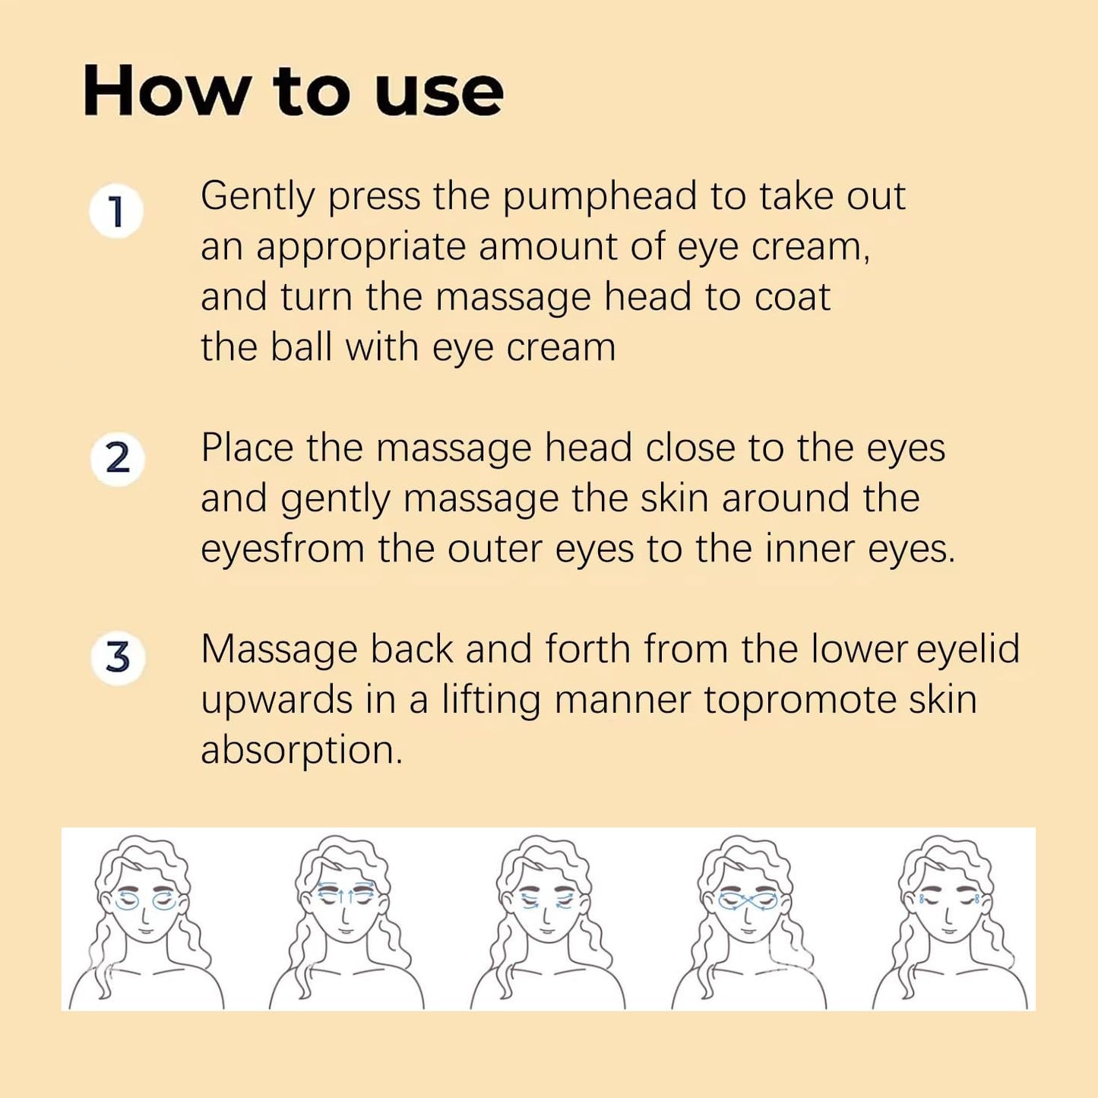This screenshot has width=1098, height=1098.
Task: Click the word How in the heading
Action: (166, 92)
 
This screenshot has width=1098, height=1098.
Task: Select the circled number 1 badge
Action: (116, 211)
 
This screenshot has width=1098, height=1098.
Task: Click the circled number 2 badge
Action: (117, 459)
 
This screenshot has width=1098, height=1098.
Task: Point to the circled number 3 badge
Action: (118, 657)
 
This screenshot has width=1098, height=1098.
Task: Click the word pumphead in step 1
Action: (600, 198)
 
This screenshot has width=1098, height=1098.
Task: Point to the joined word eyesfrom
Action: (282, 549)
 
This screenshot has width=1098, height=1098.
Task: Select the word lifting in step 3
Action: (491, 701)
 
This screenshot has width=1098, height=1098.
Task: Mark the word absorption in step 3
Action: (301, 752)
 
